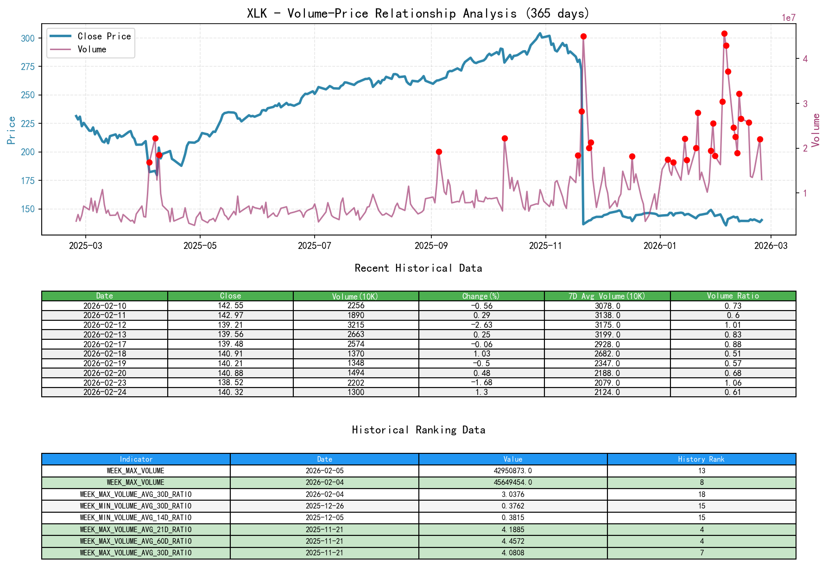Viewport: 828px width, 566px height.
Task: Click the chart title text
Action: click(x=418, y=13)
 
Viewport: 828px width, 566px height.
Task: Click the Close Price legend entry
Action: click(x=104, y=36)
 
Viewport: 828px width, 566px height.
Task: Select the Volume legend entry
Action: click(x=92, y=49)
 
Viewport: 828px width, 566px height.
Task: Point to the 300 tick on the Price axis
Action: click(x=28, y=38)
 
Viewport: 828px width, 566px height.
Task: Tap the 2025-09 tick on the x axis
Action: click(x=431, y=246)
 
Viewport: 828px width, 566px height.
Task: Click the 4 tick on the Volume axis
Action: click(x=805, y=59)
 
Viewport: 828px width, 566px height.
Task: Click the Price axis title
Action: click(x=12, y=130)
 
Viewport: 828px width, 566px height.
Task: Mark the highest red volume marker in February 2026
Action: click(x=724, y=33)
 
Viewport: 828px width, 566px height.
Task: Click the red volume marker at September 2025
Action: click(x=439, y=152)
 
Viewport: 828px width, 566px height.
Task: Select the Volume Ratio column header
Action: click(x=733, y=296)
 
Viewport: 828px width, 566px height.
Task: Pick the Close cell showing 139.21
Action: click(x=230, y=325)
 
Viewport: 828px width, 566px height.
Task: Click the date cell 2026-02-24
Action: click(x=105, y=392)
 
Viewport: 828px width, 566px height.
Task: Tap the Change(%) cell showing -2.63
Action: click(x=481, y=325)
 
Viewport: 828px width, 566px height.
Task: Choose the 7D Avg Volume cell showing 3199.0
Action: click(x=607, y=335)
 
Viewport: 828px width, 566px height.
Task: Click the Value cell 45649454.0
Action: click(x=513, y=483)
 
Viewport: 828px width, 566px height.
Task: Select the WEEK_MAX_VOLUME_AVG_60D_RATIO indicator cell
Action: click(x=136, y=541)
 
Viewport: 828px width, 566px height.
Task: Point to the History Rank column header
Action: click(x=701, y=459)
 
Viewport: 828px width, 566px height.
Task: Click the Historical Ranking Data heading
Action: click(x=418, y=430)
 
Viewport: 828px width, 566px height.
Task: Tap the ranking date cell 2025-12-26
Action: click(x=324, y=506)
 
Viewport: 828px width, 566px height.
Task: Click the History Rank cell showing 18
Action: click(x=702, y=494)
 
